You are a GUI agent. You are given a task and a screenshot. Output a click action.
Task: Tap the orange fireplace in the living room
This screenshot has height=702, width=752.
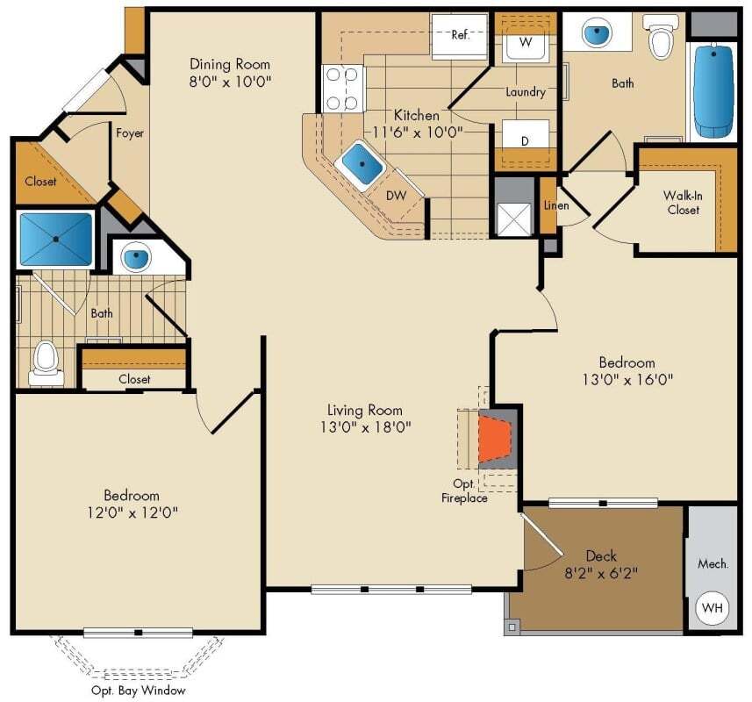(x=494, y=437)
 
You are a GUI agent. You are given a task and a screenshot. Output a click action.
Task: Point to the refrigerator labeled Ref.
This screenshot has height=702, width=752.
(x=460, y=36)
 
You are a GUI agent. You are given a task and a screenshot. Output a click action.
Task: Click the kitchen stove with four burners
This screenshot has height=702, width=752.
(x=343, y=89)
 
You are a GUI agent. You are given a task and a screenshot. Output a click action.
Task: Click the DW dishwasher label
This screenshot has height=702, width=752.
(x=397, y=196)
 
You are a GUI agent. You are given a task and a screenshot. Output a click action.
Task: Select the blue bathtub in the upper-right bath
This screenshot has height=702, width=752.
(x=713, y=90)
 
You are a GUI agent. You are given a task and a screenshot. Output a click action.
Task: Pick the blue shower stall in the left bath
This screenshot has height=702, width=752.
(x=55, y=239)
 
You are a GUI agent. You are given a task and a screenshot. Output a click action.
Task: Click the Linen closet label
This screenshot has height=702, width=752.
(x=556, y=206)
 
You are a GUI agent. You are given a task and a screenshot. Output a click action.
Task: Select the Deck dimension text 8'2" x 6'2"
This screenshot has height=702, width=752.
(x=601, y=574)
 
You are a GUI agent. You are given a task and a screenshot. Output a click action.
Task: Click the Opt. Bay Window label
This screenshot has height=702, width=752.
(x=138, y=690)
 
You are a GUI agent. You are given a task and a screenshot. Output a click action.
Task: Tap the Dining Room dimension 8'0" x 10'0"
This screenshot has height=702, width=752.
(x=231, y=82)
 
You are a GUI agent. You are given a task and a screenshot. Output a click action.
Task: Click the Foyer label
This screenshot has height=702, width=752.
(x=130, y=133)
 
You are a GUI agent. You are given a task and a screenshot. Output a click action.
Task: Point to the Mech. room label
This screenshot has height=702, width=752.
(x=713, y=563)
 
